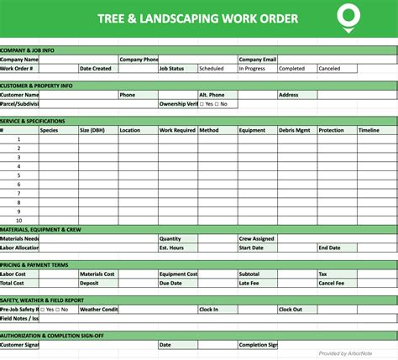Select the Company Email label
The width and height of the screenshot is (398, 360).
[x=258, y=60]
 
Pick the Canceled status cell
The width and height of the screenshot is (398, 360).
[x=330, y=69]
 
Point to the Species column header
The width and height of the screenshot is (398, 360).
[x=50, y=130]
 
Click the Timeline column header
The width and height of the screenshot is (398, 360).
[x=369, y=130]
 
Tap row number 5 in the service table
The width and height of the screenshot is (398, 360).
[x=18, y=175]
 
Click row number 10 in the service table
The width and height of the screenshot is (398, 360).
[x=18, y=220]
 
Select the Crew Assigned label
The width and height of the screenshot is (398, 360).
[x=256, y=238]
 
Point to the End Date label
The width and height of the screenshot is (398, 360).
[x=329, y=248]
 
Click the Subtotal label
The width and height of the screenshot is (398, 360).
[x=249, y=274]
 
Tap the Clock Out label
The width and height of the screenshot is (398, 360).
[x=291, y=309]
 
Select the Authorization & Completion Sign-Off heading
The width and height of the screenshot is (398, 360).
[x=52, y=335]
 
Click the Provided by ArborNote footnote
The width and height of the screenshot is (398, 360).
[x=356, y=353]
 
